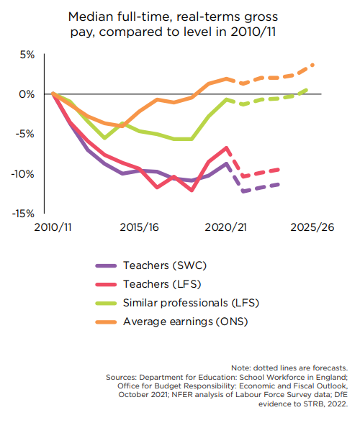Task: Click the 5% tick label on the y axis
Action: [x=27, y=55]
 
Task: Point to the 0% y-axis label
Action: [x=27, y=94]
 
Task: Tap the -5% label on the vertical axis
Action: [x=25, y=134]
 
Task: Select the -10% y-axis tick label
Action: [x=22, y=174]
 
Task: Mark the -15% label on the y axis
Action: [x=23, y=214]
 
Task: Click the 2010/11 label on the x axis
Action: [x=53, y=227]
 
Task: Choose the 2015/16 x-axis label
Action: [x=139, y=227]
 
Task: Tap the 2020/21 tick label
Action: [x=225, y=227]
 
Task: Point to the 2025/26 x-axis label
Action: [x=312, y=227]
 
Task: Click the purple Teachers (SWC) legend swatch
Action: [x=106, y=265]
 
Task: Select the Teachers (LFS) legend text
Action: [x=162, y=284]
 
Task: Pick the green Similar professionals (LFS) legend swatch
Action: [x=106, y=303]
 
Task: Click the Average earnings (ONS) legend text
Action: [x=186, y=322]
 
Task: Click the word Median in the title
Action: [x=91, y=17]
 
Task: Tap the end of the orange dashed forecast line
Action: [x=312, y=65]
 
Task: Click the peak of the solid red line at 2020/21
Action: [x=226, y=148]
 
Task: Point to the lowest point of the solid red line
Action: [x=192, y=190]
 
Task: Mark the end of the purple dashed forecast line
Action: [x=278, y=185]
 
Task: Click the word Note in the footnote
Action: [x=240, y=368]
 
